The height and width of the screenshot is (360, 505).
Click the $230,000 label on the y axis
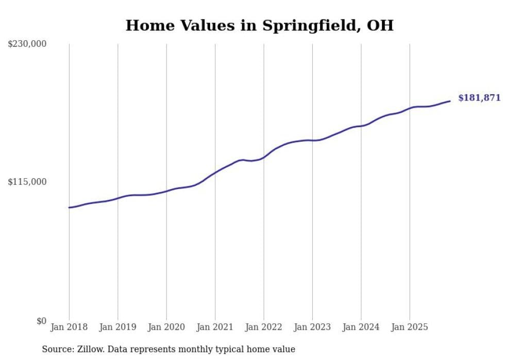coord(27,44)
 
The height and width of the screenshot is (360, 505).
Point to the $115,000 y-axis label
coord(27,182)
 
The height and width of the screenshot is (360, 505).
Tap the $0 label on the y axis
coord(41,321)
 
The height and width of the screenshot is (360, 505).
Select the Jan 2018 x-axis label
coord(69,327)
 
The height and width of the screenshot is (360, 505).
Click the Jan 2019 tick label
coord(117,327)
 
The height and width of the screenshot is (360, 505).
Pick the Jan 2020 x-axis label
coord(166,327)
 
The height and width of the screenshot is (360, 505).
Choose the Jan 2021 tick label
coord(215,327)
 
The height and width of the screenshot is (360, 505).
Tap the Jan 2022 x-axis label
coord(264,327)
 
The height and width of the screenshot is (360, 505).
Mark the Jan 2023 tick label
coord(312,327)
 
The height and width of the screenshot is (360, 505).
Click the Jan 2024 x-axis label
coord(361,327)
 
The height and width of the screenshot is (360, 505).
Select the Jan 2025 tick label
coord(410,327)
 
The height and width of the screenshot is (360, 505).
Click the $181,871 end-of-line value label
coord(479,98)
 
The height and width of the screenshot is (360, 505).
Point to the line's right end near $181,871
coord(450,101)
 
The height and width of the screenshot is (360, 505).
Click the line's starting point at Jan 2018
coord(69,208)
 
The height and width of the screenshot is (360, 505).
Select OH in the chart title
coord(380,26)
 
